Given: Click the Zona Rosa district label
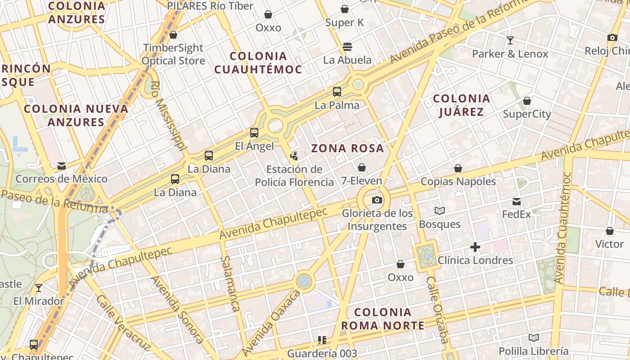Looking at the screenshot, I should pos(348,148).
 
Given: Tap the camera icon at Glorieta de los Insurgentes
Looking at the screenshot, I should pos(377,200).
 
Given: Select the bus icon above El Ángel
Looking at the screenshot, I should pos(254,133).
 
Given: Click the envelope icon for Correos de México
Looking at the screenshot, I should pos(62,166).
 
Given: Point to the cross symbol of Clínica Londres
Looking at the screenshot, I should pos(475,247).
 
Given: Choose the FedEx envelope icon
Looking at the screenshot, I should pos(517,201).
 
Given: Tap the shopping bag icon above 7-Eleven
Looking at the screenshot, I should pos(361,167).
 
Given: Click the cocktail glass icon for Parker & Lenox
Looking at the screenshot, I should pos(510,40).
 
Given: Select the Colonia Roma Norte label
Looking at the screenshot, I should pos(382,319).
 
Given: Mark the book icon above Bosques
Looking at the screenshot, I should pos(440,211).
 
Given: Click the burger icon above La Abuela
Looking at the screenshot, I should pos(347,46).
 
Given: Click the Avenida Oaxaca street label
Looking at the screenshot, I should pos(270,323).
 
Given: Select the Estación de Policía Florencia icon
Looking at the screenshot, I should pos(294,156).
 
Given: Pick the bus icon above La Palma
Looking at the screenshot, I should pos(337,92).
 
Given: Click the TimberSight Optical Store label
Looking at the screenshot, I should pos(173,54).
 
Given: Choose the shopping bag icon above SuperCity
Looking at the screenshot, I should pos(526,101).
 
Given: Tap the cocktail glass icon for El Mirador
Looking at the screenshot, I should pos(39,288).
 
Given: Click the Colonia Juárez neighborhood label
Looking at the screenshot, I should pos(461,105).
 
